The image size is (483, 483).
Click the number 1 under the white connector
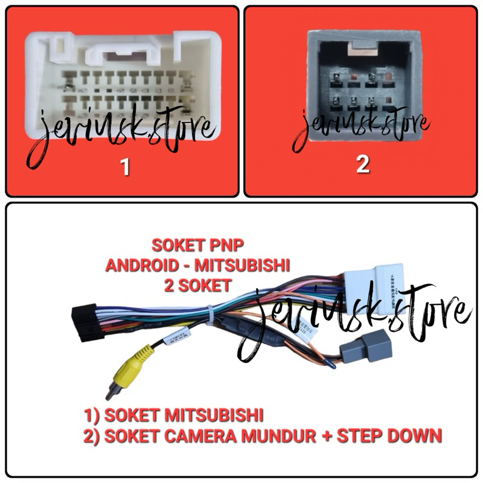[x=125, y=167]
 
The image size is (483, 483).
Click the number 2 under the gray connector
[x=362, y=164]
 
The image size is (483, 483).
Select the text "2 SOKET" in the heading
[x=197, y=284]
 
